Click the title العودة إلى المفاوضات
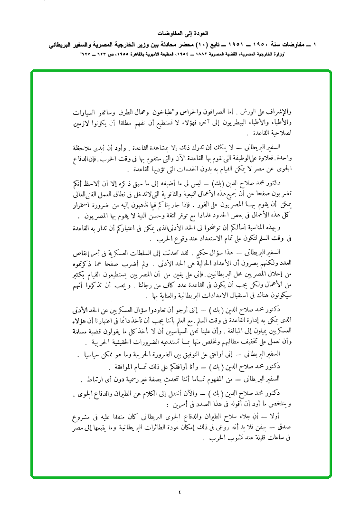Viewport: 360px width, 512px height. pos(180,34)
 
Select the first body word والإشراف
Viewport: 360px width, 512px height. pos(278,113)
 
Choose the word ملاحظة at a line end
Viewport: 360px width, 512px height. pos(86,146)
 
